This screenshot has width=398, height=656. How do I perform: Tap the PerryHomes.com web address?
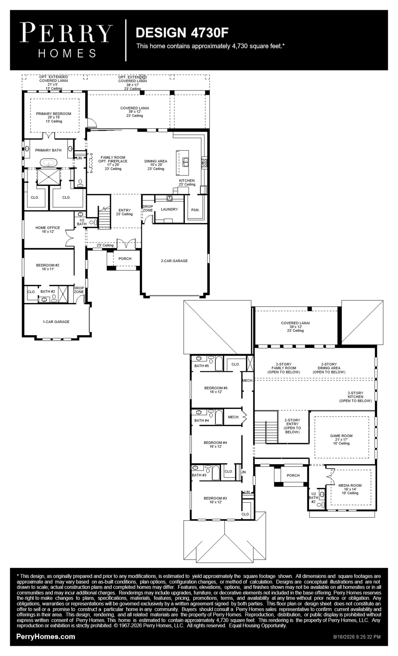pos(46,637)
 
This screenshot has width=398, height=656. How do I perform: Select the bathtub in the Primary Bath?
pos(49,163)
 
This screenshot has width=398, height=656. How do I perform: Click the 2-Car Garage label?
pos(174,261)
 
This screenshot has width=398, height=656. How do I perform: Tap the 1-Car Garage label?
pos(56,322)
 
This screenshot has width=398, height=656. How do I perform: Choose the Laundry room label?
pos(169,209)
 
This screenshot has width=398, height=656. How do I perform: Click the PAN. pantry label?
pos(195,210)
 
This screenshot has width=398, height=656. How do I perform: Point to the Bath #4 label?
pos(201,420)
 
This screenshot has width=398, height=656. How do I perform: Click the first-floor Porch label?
pos(125,258)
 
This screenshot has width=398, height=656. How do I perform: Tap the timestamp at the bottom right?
pos(357,637)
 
